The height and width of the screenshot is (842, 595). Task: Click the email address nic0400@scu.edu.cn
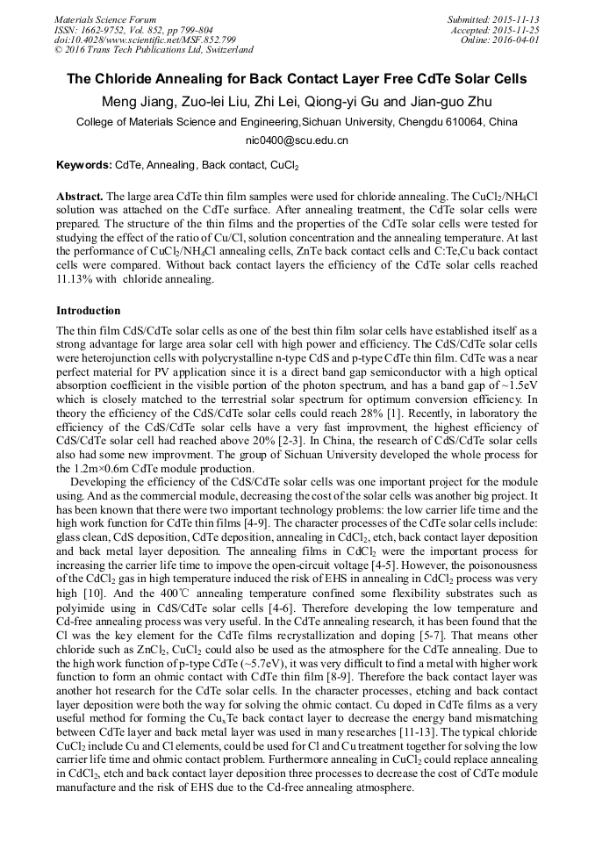tap(297, 140)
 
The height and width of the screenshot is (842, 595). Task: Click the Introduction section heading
tap(89, 311)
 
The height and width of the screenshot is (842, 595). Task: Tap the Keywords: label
tap(84, 165)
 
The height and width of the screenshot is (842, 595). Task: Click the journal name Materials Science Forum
tap(105, 19)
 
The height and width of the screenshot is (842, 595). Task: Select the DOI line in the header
tap(145, 40)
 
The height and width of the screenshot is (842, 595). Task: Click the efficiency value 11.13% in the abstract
tap(75, 280)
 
